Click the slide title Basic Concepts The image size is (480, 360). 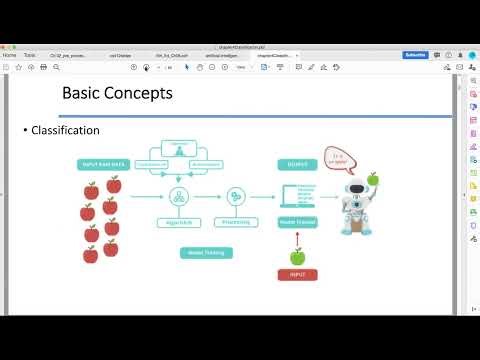(x=117, y=93)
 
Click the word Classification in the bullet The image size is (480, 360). (x=65, y=130)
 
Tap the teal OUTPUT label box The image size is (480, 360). (x=296, y=164)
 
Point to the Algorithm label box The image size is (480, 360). (x=181, y=223)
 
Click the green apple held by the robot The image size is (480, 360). (x=373, y=179)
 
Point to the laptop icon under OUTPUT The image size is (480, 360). (x=297, y=196)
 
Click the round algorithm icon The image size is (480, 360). (x=181, y=195)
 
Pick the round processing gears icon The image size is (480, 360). (x=237, y=195)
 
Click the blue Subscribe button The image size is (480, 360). (x=415, y=55)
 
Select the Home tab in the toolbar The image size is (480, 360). (x=10, y=55)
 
